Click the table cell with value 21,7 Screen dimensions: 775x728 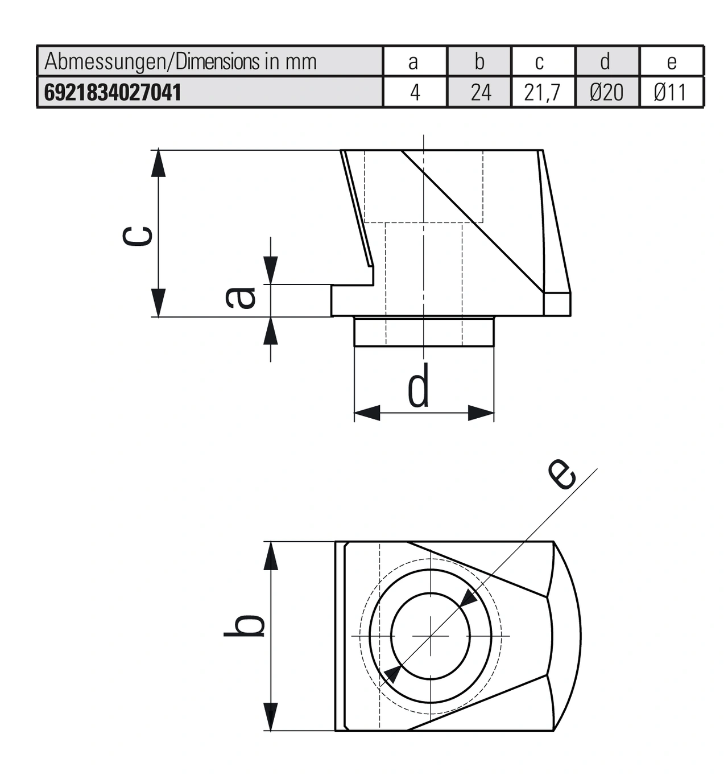coord(542,92)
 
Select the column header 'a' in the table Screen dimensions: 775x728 coord(413,61)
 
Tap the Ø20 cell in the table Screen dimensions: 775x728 coord(606,92)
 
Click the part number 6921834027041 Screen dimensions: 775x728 coord(113,92)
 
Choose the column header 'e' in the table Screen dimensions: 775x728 coord(671,61)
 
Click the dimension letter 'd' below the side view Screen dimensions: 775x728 coord(419,387)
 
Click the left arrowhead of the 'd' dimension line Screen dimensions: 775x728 coord(367,413)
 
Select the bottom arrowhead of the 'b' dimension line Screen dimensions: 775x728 coord(271,717)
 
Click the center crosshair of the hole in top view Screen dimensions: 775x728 coord(431,636)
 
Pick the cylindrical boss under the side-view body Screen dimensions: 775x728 coord(424,332)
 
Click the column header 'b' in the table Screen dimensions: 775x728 coord(479,61)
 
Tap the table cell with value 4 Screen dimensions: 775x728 coord(415,92)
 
